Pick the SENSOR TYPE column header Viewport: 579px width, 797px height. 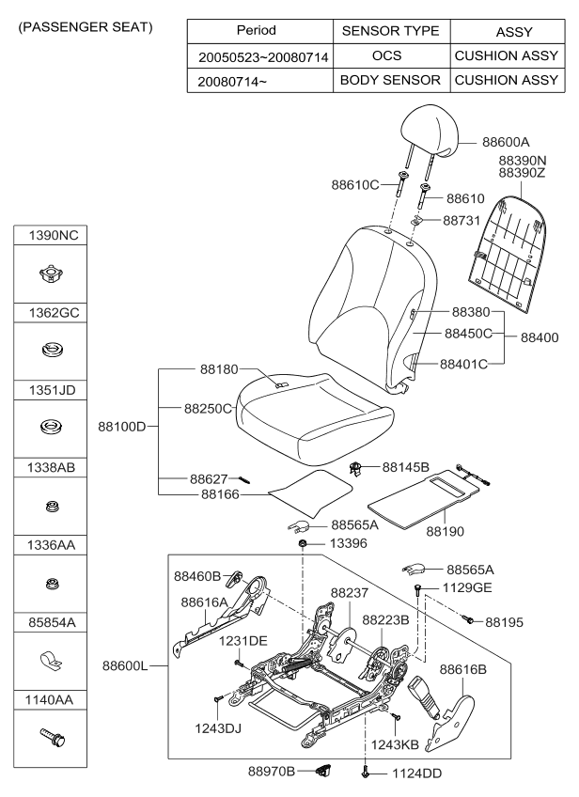pos(389,31)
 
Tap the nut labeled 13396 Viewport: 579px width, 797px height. pos(303,545)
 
